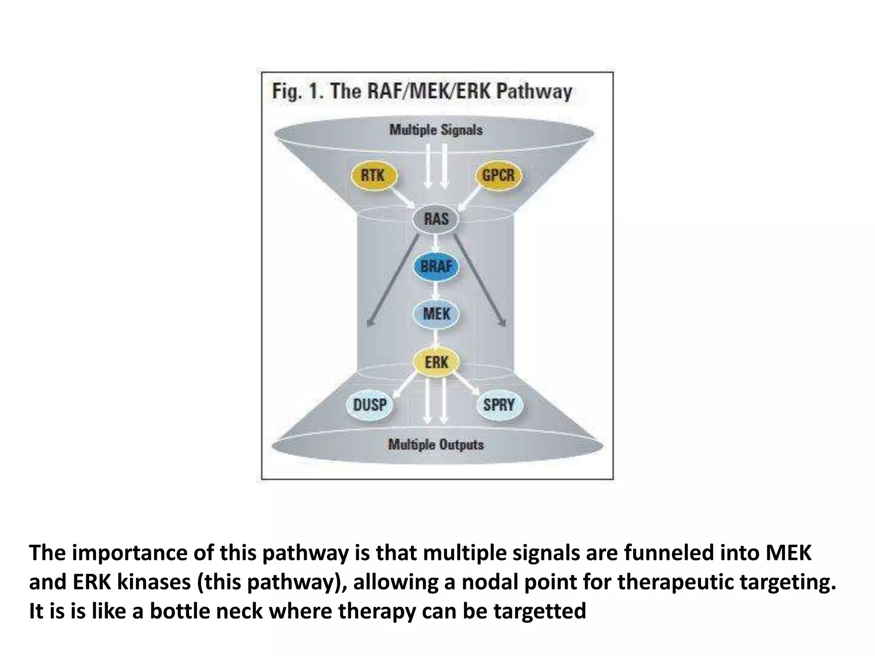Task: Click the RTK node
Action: tap(373, 175)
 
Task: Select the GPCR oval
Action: tap(498, 175)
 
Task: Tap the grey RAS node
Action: tap(436, 219)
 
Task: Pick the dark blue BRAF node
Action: tap(436, 266)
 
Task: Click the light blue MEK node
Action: tap(436, 314)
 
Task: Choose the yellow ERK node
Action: tap(436, 363)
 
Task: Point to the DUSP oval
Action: tap(370, 404)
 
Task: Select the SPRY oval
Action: tap(499, 404)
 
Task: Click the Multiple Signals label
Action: tap(436, 130)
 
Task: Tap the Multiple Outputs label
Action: tap(436, 445)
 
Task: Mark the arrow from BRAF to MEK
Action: tap(436, 290)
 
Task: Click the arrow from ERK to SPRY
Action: tap(467, 384)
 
